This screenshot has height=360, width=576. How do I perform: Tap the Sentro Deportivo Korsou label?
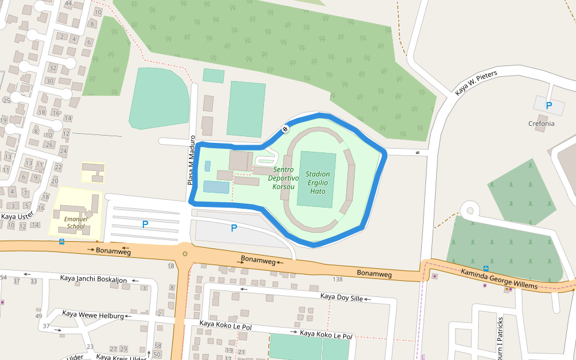(283, 178)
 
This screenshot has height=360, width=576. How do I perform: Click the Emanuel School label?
(76, 223)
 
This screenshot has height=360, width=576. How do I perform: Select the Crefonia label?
(541, 124)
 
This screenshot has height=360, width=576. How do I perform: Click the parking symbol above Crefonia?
(548, 106)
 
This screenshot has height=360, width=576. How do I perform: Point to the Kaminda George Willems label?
(499, 279)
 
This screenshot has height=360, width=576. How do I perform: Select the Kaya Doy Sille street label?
(341, 297)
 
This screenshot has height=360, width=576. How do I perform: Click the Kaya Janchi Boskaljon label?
(94, 279)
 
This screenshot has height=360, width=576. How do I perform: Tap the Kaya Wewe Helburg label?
(93, 314)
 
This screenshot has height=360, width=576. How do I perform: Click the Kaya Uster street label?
(17, 217)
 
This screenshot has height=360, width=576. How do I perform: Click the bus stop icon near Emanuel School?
(62, 242)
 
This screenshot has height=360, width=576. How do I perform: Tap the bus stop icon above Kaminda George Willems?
(485, 268)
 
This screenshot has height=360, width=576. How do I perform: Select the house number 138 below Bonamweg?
(338, 280)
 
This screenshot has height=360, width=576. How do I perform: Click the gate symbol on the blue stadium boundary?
(285, 128)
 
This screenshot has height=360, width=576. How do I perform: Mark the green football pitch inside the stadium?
(317, 179)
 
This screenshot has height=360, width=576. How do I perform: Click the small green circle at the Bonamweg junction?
(185, 254)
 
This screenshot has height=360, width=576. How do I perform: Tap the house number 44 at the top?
(68, 4)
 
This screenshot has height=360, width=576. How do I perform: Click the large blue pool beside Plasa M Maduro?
(216, 187)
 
